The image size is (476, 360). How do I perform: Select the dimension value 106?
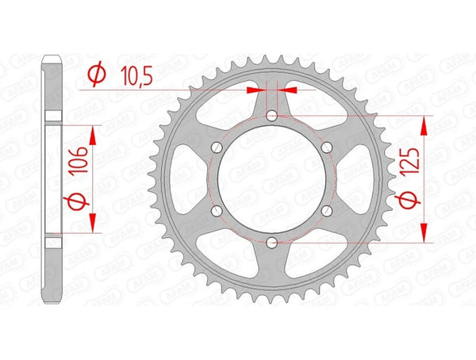pyautogui.click(x=76, y=168)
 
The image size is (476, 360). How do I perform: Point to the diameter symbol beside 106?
pyautogui.click(x=76, y=202)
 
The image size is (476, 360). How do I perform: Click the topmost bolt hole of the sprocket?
pyautogui.click(x=271, y=117)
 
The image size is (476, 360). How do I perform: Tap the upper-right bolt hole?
pyautogui.click(x=325, y=147)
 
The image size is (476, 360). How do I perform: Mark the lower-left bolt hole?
pyautogui.click(x=217, y=210)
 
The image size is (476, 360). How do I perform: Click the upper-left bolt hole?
pyautogui.click(x=217, y=147)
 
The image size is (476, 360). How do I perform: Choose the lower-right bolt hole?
pyautogui.click(x=325, y=210)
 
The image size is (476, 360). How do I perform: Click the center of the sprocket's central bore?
pyautogui.click(x=271, y=178)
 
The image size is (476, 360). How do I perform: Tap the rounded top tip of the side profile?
pyautogui.click(x=52, y=59)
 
